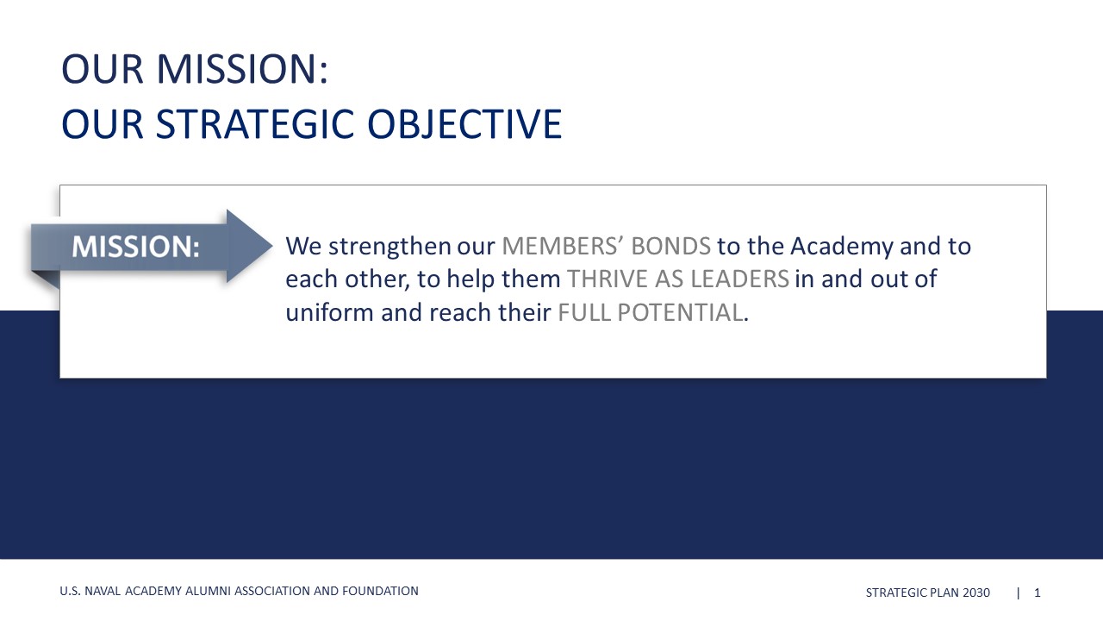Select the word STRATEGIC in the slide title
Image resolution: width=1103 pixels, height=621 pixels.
[255, 123]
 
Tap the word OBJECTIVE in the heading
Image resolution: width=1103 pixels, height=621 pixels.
[464, 123]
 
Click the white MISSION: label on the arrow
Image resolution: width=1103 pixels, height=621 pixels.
[136, 247]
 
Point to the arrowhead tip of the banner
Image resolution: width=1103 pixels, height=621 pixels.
[272, 246]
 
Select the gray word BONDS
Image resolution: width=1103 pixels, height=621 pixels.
[671, 246]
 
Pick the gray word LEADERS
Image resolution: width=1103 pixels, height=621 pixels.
[739, 279]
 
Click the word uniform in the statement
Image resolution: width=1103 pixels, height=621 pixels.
[329, 312]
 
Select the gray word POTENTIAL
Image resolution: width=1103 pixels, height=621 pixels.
[680, 312]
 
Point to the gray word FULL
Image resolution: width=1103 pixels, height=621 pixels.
[584, 312]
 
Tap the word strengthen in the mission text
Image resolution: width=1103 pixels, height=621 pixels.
[389, 247]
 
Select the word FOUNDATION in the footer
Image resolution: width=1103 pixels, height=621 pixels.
[380, 591]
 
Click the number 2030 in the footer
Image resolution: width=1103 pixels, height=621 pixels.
[976, 593]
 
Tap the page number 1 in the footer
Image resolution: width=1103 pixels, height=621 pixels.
[1037, 593]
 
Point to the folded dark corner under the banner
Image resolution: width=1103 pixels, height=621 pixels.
[46, 279]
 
